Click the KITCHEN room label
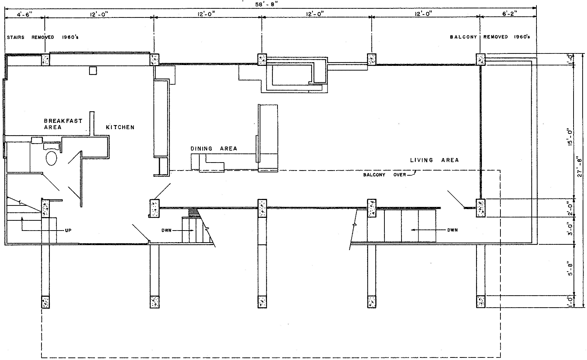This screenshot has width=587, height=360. click(x=120, y=127)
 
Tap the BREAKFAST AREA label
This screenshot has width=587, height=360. click(x=63, y=124)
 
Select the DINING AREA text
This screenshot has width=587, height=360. click(x=214, y=148)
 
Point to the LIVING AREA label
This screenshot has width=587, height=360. click(x=434, y=160)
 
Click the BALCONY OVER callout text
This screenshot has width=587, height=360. click(x=384, y=175)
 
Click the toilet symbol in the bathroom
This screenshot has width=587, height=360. click(x=52, y=159)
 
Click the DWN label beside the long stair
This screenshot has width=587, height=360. click(x=452, y=230)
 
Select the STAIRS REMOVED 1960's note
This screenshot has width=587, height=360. click(x=43, y=37)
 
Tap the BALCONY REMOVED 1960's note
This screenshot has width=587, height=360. click(x=490, y=37)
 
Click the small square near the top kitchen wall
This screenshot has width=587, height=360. click(x=93, y=71)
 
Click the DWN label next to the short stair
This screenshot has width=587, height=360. click(x=167, y=231)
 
